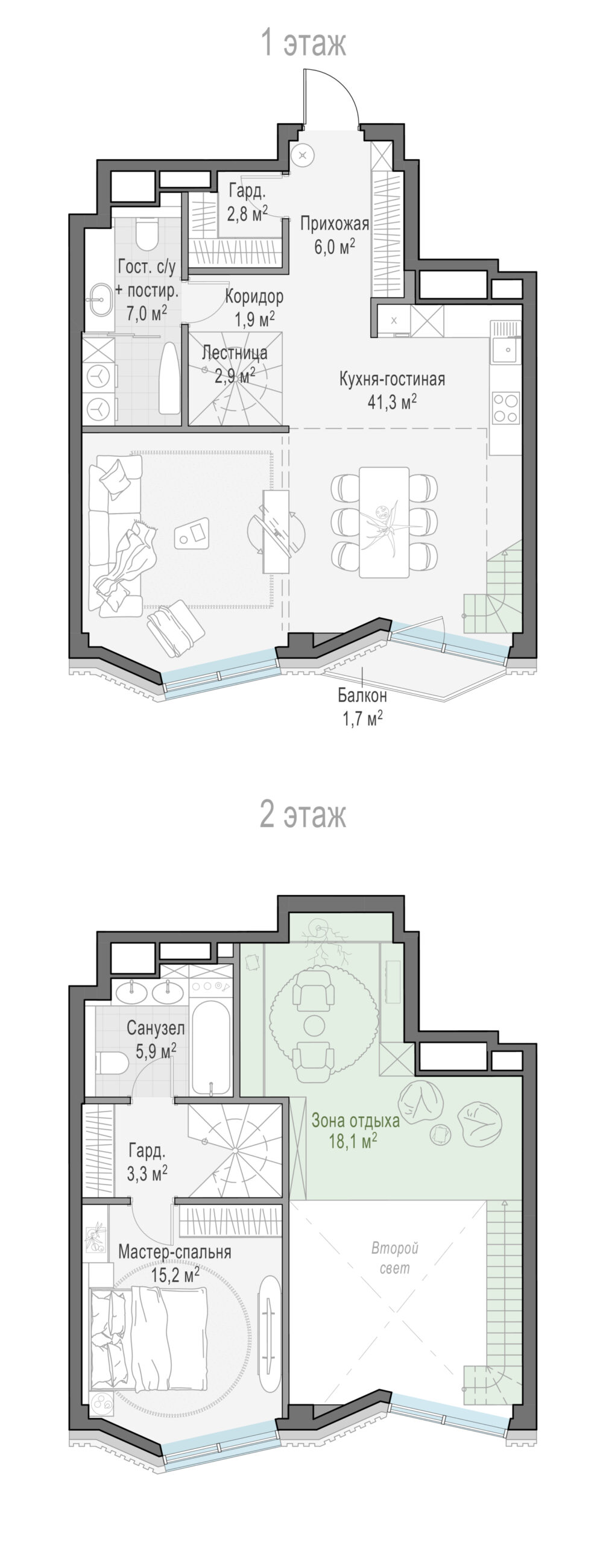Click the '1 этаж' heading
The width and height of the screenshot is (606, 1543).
[x=303, y=43]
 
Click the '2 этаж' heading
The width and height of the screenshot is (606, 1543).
[x=303, y=814]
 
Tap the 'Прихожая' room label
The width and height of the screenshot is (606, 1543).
[x=334, y=224]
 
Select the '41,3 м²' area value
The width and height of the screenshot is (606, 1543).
[x=393, y=401]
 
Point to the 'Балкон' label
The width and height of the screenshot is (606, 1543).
[x=362, y=696]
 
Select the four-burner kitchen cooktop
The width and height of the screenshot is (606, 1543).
[x=506, y=408]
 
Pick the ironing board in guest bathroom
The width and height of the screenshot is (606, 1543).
[x=169, y=378]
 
